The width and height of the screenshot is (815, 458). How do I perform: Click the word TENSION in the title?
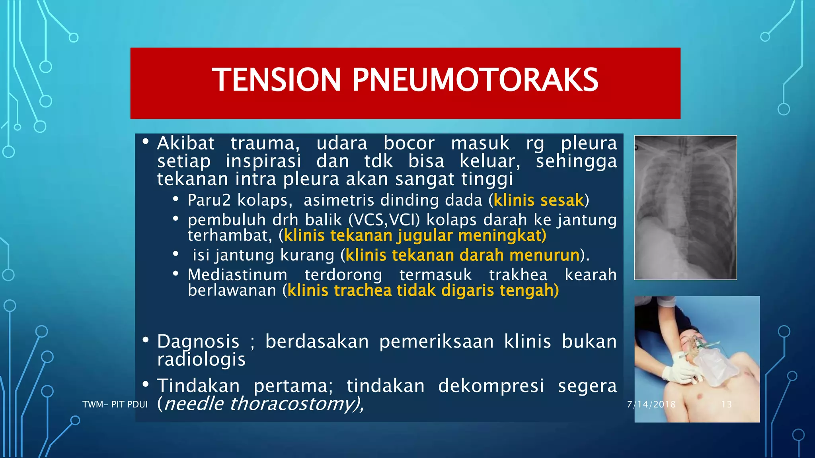[276, 80]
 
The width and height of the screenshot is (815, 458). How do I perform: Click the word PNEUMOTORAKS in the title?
[475, 80]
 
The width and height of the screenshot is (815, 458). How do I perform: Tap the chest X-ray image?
[685, 208]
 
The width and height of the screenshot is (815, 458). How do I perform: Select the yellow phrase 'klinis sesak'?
[538, 200]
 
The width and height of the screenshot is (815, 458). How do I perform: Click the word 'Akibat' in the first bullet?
[186, 143]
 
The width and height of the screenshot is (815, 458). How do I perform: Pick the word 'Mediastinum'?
[238, 275]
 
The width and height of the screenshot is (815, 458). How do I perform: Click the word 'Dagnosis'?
[198, 342]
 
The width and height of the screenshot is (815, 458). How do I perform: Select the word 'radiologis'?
[201, 359]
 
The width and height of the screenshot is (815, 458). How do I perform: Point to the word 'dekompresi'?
[491, 386]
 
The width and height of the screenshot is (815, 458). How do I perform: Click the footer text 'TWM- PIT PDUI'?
[115, 404]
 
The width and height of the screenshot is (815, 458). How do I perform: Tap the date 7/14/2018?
[651, 404]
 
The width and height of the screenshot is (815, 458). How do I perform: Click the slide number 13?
[726, 404]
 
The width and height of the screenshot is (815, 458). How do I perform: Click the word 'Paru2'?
[209, 200]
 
